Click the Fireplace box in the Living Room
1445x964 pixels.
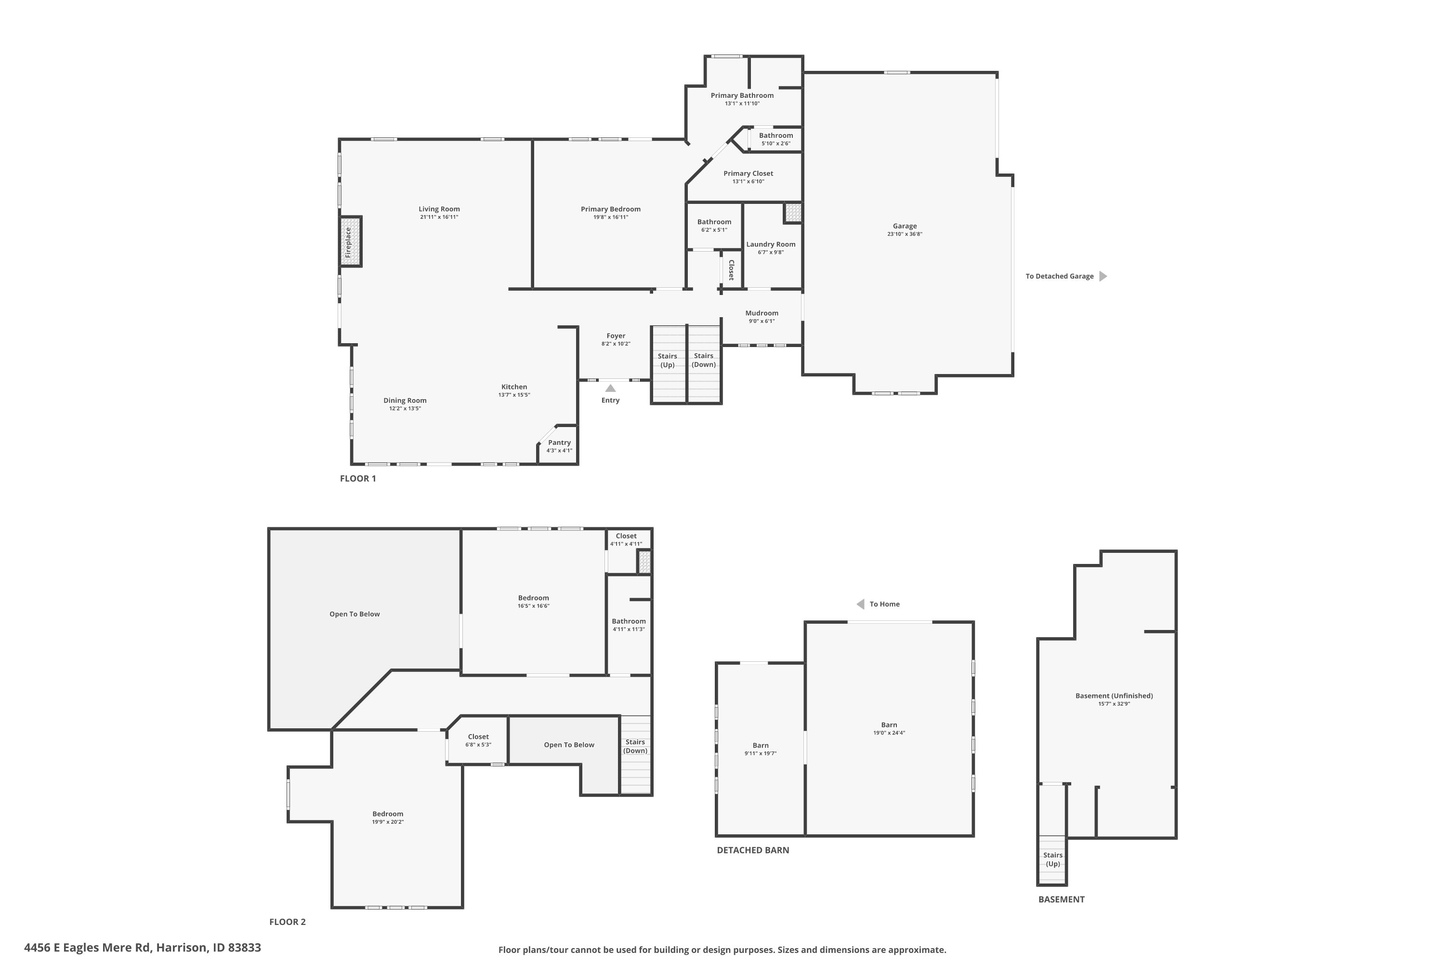click(x=351, y=241)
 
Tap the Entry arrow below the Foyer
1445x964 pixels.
click(x=610, y=388)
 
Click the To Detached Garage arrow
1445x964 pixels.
click(x=1103, y=276)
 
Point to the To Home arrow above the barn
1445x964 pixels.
click(x=861, y=604)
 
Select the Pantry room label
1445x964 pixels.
click(x=559, y=442)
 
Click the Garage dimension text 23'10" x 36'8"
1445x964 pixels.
click(x=905, y=234)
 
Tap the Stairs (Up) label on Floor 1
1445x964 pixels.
click(x=667, y=360)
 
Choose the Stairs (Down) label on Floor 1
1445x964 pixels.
click(x=703, y=360)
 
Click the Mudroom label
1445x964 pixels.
click(x=762, y=313)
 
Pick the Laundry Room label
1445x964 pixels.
click(x=770, y=244)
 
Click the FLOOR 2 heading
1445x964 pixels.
click(x=287, y=922)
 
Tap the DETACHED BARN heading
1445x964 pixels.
click(x=752, y=850)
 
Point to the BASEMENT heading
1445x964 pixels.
click(x=1061, y=899)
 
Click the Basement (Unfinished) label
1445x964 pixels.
click(x=1114, y=696)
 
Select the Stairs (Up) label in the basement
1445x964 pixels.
click(x=1052, y=859)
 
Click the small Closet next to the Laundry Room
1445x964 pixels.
click(x=731, y=269)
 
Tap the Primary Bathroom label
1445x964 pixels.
click(x=742, y=95)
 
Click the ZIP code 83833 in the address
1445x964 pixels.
click(x=245, y=948)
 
